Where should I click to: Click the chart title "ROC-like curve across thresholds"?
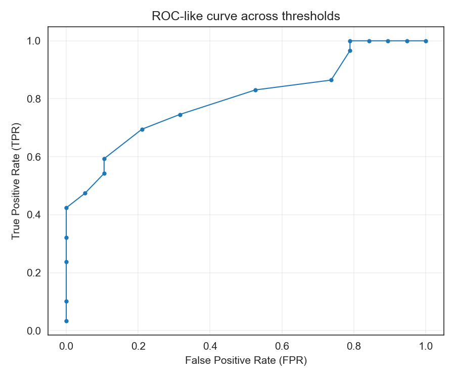246,16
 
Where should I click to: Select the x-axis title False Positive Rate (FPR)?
246,361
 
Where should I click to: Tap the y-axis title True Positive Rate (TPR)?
16,180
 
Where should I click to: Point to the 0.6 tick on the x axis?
282,346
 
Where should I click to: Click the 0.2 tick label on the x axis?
138,346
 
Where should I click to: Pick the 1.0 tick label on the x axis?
426,346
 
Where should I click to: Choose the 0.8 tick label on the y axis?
33,99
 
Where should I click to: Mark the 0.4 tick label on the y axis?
33,215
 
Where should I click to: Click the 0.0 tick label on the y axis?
33,331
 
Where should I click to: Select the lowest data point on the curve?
66,321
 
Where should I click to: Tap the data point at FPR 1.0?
426,41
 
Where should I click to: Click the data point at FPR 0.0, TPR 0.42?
66,208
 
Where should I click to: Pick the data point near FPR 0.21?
142,129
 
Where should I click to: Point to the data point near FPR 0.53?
255,90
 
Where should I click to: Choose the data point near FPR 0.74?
331,80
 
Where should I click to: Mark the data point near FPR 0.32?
180,114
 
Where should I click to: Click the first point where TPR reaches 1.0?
350,41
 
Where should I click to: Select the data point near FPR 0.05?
85,193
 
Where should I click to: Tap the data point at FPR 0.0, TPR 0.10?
66,301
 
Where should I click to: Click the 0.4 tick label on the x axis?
210,346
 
